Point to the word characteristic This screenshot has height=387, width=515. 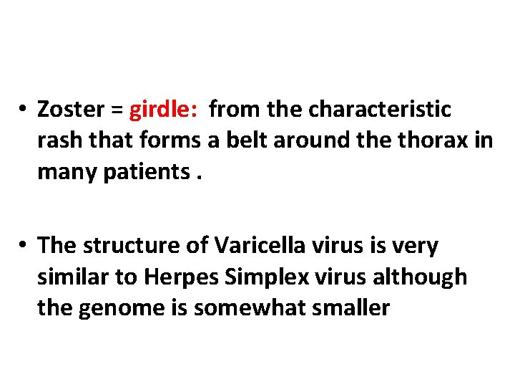(x=380, y=110)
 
